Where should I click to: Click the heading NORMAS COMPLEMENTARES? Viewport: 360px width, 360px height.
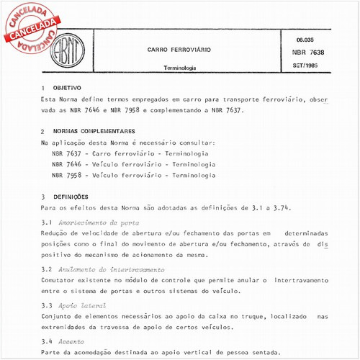point(99,132)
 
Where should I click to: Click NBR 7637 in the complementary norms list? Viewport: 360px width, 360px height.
point(67,154)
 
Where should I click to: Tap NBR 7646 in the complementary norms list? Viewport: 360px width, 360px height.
point(67,164)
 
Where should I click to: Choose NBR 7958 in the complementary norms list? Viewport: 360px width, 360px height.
point(67,175)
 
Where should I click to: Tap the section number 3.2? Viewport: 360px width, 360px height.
point(47,269)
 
